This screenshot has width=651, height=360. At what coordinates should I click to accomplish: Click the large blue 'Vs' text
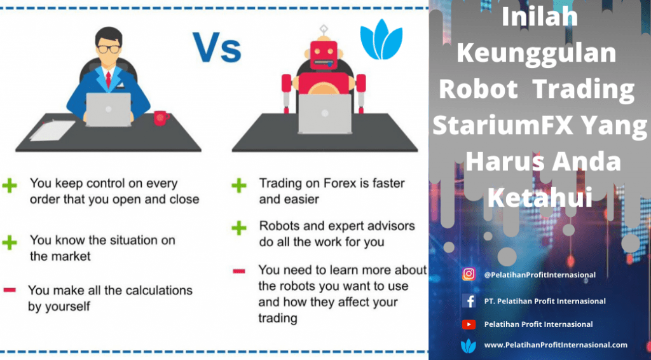tap(216, 47)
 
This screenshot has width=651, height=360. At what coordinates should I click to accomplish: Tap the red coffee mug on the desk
tap(161, 118)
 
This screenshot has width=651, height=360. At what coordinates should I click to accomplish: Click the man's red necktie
tap(108, 80)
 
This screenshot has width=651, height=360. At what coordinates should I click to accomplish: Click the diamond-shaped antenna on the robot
tap(324, 29)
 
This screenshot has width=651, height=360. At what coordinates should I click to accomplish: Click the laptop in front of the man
tap(108, 109)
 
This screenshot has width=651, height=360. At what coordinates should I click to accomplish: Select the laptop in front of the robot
tap(325, 114)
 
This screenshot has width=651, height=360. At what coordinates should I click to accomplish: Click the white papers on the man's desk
tap(53, 130)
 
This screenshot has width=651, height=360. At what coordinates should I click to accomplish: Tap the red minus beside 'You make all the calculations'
tap(10, 290)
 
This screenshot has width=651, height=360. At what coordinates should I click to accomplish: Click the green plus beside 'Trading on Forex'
tap(239, 185)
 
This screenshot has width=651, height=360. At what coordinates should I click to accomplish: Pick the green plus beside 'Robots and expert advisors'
tap(239, 228)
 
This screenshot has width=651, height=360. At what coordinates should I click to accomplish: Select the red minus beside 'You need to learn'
tap(239, 272)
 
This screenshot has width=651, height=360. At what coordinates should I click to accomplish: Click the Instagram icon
tap(469, 274)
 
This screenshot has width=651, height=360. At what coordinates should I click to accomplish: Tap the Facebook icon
tap(469, 301)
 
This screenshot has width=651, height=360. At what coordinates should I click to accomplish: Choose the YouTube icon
tap(469, 324)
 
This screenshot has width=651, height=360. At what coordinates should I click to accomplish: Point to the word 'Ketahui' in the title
tap(540, 197)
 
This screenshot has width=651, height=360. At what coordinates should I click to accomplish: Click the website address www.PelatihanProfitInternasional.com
tap(556, 345)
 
